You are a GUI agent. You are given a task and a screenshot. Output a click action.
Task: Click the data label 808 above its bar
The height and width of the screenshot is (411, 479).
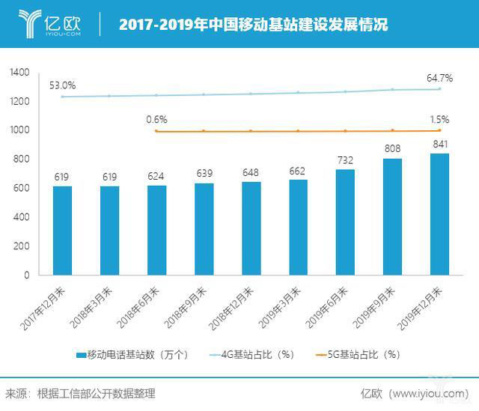point(391,148)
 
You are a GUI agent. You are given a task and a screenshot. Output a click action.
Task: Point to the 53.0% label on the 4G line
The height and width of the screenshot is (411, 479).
point(61,85)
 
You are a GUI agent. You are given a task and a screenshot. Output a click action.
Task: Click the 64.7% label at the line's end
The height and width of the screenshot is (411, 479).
point(439,77)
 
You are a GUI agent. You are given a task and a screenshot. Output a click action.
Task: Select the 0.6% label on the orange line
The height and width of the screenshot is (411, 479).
point(156,119)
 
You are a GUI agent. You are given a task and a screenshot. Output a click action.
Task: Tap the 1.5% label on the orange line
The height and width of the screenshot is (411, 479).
point(440,119)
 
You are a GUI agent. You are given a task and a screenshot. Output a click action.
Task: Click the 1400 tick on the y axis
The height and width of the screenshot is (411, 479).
point(19,73)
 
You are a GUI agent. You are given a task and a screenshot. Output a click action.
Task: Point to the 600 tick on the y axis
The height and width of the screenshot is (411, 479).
point(22,188)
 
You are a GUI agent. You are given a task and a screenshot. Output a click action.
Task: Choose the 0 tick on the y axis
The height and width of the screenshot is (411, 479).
point(27,275)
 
